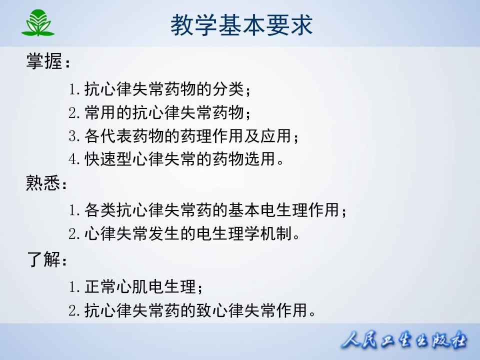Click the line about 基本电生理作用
coord(208,210)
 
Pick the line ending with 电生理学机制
coord(185,233)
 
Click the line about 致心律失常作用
coord(193,311)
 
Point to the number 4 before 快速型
coord(74,159)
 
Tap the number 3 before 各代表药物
coord(74,136)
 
